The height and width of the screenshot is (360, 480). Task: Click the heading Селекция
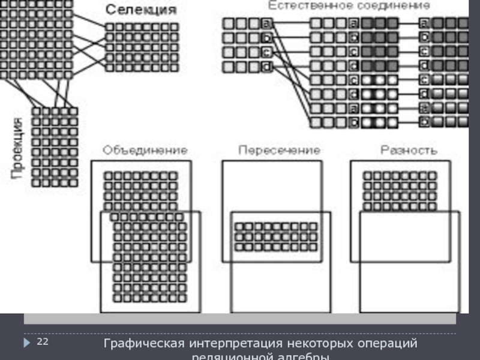[x=142, y=10]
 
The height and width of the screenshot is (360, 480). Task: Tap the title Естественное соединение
[x=349, y=5]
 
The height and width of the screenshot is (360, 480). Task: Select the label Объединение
[x=145, y=150]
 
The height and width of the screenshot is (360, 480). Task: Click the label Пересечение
[x=279, y=150]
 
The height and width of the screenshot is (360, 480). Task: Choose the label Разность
[x=409, y=150]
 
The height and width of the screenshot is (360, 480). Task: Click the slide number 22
[x=43, y=342]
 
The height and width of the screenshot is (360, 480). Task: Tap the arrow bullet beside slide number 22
[x=27, y=342]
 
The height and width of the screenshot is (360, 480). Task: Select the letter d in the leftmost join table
[x=266, y=67]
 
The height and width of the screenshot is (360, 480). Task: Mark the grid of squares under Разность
[x=400, y=191]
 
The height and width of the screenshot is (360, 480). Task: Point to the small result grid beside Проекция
[x=55, y=146]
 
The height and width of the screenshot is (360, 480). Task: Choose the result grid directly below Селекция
[x=142, y=47]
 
